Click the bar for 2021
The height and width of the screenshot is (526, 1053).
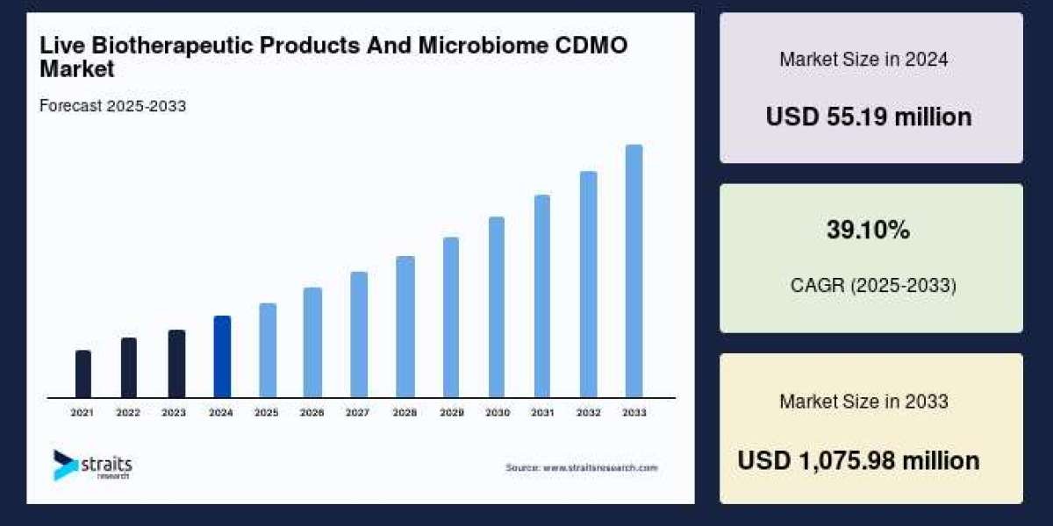coord(83,373)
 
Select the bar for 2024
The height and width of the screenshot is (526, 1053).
coord(222,357)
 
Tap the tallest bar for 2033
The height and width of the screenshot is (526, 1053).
coord(634,271)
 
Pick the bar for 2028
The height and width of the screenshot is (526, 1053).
coord(405,326)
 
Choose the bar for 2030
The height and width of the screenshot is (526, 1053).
coord(497,307)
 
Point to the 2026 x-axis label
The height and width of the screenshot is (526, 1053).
coord(312,412)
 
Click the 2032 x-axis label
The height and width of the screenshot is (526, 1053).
coord(588,412)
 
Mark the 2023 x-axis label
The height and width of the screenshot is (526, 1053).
coord(174,412)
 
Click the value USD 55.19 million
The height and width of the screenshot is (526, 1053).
coord(869,117)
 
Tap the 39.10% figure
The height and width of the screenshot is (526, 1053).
coord(868,231)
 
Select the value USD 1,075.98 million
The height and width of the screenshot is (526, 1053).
coord(858,460)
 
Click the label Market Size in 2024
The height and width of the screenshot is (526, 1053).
coord(863,60)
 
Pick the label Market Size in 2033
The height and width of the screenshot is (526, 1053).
coord(863,402)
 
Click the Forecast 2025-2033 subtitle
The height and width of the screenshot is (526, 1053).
coord(113,106)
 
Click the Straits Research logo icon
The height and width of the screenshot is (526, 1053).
coord(65,465)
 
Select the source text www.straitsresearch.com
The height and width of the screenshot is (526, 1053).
coord(599,468)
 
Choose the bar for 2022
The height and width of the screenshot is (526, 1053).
coord(129,367)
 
